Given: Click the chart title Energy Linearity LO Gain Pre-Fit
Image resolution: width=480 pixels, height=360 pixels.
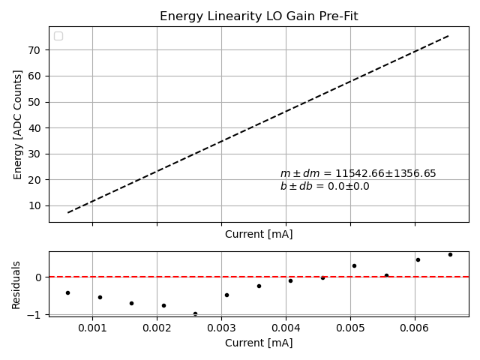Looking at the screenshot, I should pyautogui.click(x=258, y=16).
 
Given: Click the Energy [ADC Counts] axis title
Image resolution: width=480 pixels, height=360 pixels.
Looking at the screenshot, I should pyautogui.click(x=18, y=124).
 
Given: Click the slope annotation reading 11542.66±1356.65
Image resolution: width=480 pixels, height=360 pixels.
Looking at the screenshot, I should pyautogui.click(x=358, y=173).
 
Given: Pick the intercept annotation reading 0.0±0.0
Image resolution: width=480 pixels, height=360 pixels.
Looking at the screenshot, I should pyautogui.click(x=325, y=186).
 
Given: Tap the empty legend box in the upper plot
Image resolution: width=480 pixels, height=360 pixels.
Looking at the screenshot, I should pyautogui.click(x=58, y=36).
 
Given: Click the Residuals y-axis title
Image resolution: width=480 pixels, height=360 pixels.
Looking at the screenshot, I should pyautogui.click(x=16, y=284).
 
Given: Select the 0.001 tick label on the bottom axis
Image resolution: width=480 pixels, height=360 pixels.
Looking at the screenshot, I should pyautogui.click(x=92, y=328).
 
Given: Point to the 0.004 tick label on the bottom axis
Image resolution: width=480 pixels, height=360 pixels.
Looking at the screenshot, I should pyautogui.click(x=286, y=328).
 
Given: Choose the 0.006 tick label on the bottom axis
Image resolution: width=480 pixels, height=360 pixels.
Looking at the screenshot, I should pyautogui.click(x=415, y=328).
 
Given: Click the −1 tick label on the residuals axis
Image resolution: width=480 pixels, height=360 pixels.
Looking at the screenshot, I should pyautogui.click(x=37, y=315).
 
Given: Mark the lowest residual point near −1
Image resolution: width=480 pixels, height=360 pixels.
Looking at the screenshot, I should pyautogui.click(x=195, y=313).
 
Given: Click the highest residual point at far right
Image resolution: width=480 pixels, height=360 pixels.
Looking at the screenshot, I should pyautogui.click(x=450, y=254).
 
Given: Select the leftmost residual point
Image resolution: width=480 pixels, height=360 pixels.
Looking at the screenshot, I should pyautogui.click(x=67, y=292).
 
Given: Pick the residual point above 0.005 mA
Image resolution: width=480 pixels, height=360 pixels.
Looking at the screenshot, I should pyautogui.click(x=354, y=265).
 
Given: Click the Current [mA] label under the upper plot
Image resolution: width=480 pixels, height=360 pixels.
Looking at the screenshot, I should pyautogui.click(x=259, y=234).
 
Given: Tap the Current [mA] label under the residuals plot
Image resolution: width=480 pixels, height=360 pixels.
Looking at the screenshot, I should pyautogui.click(x=259, y=343).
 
